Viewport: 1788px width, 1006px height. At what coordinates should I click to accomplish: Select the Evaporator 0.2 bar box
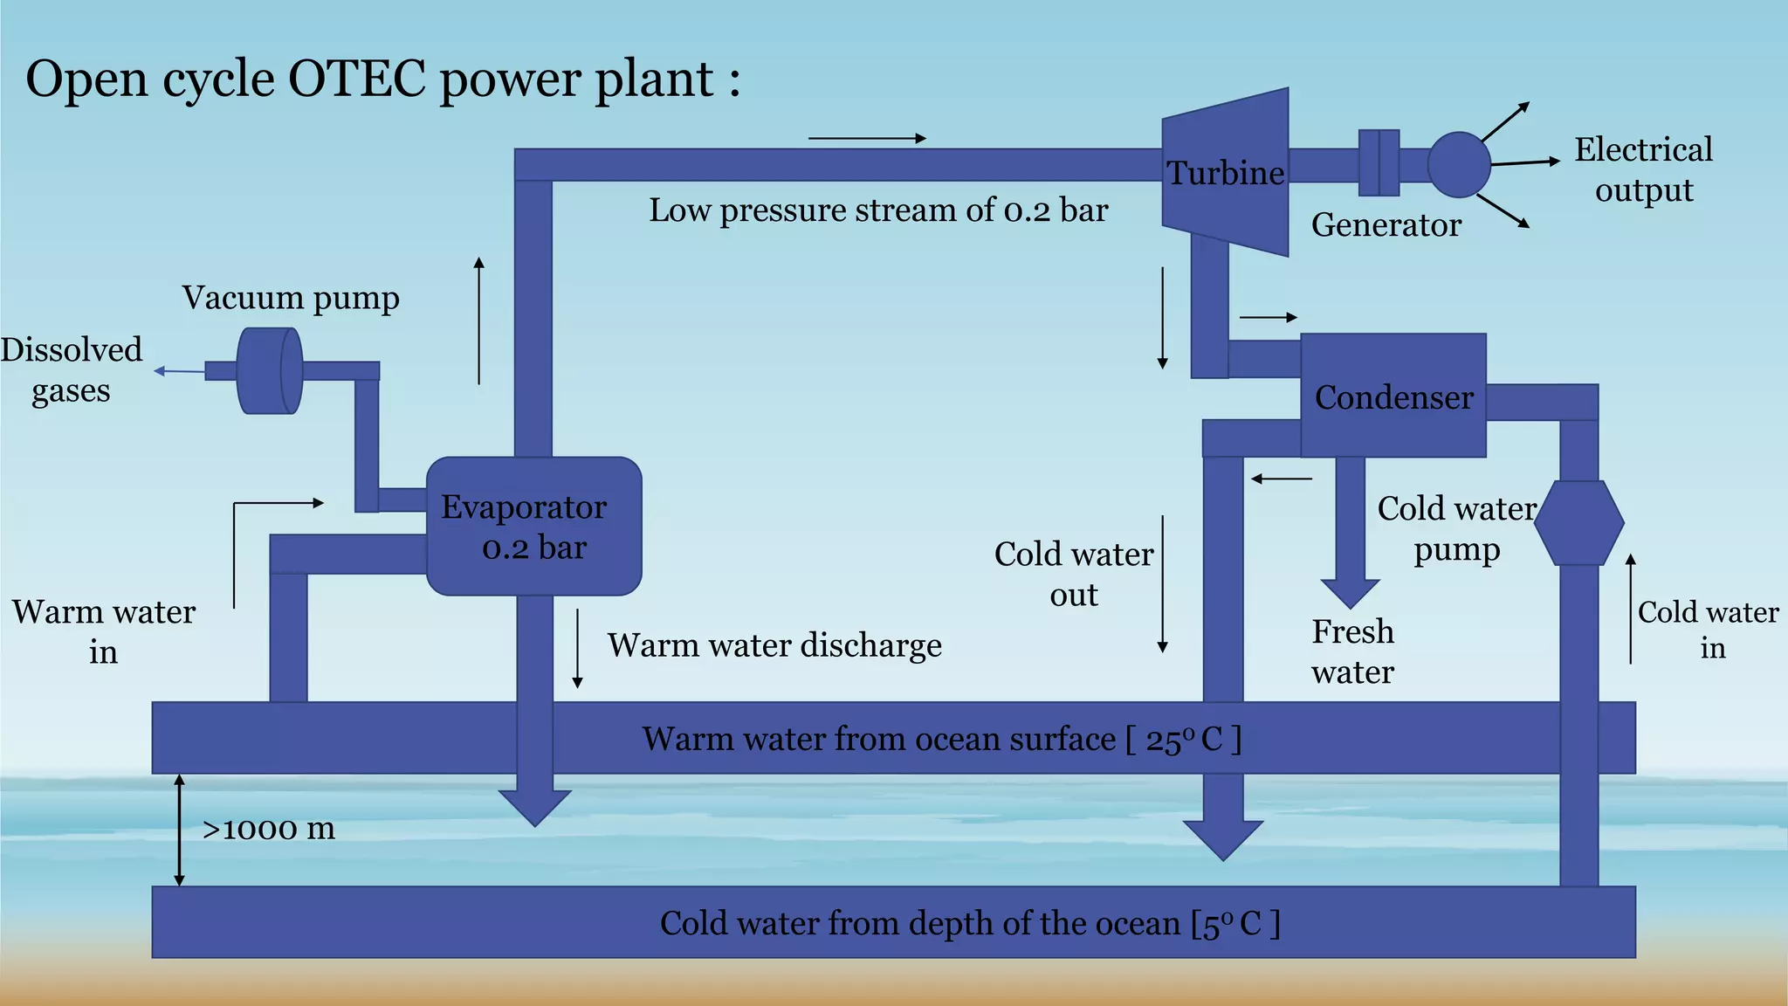pos(533,527)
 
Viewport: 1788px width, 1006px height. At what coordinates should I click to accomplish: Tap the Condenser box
pos(1393,396)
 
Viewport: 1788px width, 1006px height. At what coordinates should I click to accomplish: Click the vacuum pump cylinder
pos(269,371)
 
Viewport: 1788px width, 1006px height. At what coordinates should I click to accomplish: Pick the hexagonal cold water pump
pos(1578,523)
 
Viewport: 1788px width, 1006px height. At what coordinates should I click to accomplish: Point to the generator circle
pos(1459,164)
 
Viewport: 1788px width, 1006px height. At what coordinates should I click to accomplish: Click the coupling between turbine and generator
pos(1379,163)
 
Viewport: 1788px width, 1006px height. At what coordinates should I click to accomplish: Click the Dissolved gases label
pos(71,370)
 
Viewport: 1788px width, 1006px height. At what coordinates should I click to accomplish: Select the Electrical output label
pos(1643,169)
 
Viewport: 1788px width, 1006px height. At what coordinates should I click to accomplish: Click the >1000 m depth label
pos(268,829)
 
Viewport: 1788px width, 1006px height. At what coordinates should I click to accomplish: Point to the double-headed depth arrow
pos(180,830)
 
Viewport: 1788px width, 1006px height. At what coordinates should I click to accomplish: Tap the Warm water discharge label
pos(774,645)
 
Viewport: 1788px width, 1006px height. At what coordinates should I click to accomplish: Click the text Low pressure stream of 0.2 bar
pos(877,210)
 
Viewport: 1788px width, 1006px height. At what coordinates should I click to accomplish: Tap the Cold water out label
pos(1074,574)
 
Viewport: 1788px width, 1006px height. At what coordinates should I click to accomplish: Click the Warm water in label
pos(103,631)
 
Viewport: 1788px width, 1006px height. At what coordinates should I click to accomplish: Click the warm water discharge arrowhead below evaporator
pos(534,807)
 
